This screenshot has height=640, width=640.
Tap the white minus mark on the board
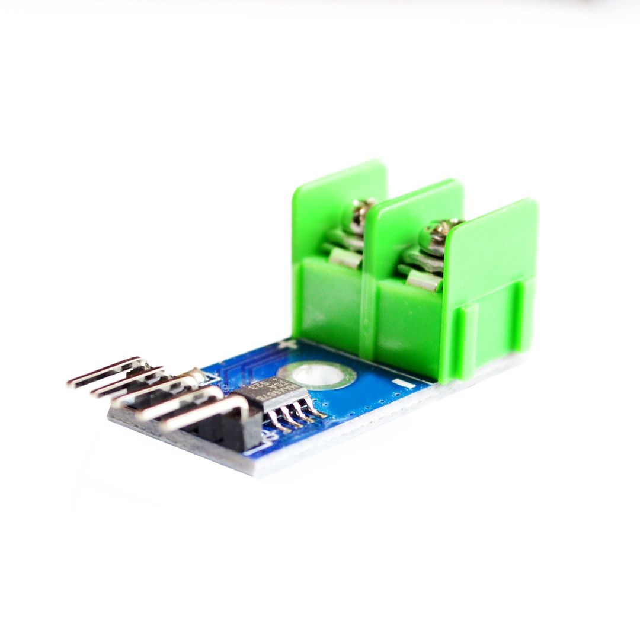(x=405, y=384)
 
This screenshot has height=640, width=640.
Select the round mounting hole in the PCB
(x=316, y=375)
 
